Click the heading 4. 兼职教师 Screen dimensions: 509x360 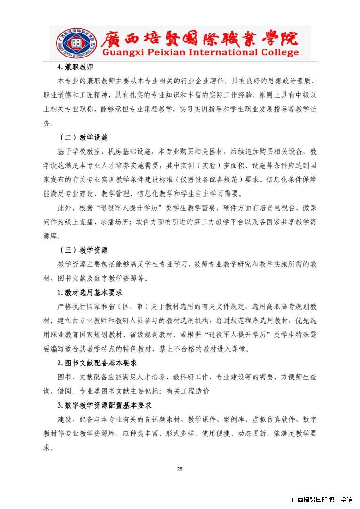click(75, 67)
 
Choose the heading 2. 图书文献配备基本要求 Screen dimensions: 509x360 click(97, 363)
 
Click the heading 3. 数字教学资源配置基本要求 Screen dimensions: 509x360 click(104, 405)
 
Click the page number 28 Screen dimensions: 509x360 click(180, 468)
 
